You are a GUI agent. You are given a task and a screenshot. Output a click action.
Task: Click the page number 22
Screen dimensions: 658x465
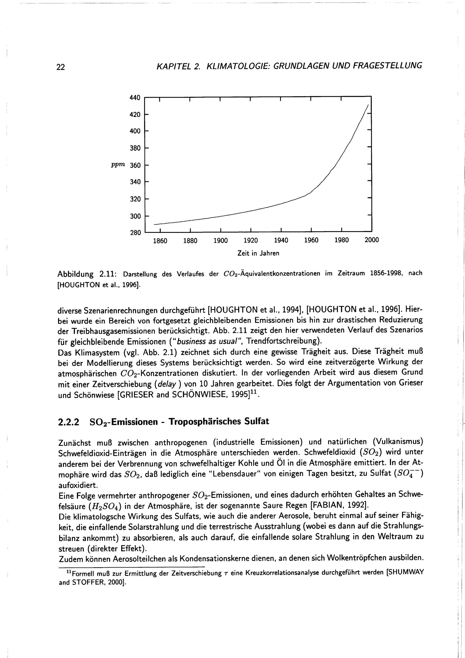click(61, 67)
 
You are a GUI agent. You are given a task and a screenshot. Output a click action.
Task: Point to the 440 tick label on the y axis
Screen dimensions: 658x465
click(135, 98)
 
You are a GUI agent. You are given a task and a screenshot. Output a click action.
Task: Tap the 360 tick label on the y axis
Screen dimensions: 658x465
click(135, 165)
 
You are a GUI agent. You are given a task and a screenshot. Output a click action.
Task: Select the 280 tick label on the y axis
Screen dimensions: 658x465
click(135, 233)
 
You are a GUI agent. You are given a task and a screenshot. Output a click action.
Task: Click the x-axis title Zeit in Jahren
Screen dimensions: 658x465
click(258, 253)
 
